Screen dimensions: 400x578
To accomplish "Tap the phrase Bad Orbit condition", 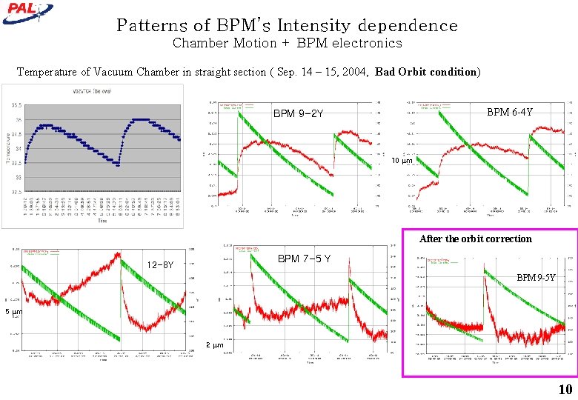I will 426,72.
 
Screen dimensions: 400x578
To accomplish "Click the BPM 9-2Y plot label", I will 298,114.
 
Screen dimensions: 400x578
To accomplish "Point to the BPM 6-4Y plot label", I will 510,113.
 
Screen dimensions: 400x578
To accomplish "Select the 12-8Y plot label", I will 160,264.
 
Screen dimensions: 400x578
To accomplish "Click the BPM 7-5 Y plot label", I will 304,259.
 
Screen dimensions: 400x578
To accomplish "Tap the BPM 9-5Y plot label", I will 536,278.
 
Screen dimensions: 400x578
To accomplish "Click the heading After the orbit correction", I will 475,239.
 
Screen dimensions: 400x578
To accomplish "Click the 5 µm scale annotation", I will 13,312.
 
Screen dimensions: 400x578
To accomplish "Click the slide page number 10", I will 565,390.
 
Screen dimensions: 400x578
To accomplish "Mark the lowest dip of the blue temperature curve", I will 119,165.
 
